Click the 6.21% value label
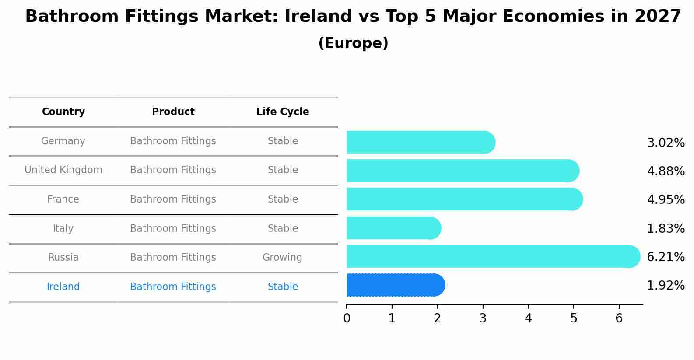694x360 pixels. click(x=665, y=257)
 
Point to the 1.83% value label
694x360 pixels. click(x=665, y=228)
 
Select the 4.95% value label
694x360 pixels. click(x=665, y=199)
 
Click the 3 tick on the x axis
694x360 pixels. click(x=483, y=318)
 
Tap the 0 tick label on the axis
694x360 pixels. click(x=347, y=318)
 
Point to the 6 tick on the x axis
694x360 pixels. click(x=619, y=318)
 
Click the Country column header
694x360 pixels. click(x=63, y=112)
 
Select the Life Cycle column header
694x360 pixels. click(x=283, y=112)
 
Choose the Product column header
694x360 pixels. click(x=173, y=112)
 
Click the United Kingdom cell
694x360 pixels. click(x=63, y=170)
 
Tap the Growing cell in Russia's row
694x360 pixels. click(x=282, y=257)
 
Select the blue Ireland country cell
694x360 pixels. click(x=63, y=287)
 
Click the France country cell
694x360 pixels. click(x=63, y=199)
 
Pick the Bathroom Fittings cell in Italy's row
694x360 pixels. click(x=173, y=228)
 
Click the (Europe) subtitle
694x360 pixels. click(x=353, y=43)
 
